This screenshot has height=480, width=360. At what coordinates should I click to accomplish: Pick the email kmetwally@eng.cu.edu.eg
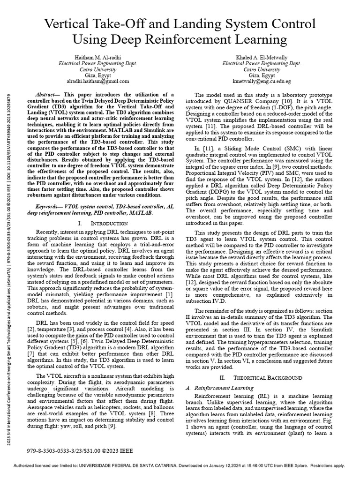262,81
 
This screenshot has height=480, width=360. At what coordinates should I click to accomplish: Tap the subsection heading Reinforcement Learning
227,388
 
